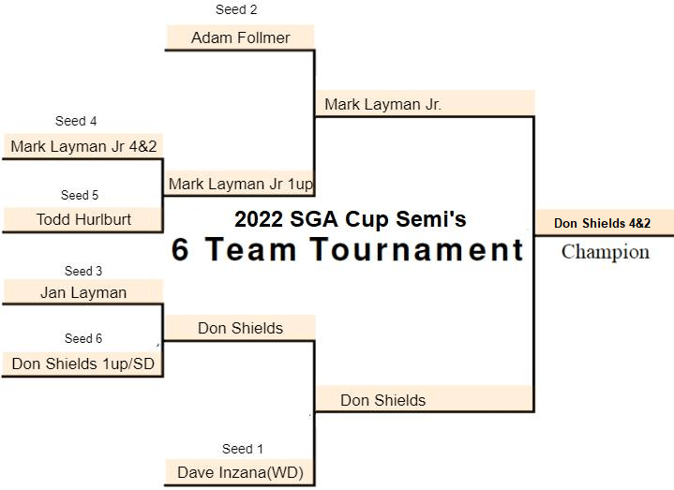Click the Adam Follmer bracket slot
240,37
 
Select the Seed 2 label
236,10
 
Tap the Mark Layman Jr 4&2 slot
83,147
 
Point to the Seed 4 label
76,122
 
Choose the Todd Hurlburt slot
83,219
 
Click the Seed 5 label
80,196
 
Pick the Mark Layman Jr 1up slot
241,184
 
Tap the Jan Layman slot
83,292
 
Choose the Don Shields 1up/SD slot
83,364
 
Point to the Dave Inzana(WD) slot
240,472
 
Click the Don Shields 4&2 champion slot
602,223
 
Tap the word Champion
606,252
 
